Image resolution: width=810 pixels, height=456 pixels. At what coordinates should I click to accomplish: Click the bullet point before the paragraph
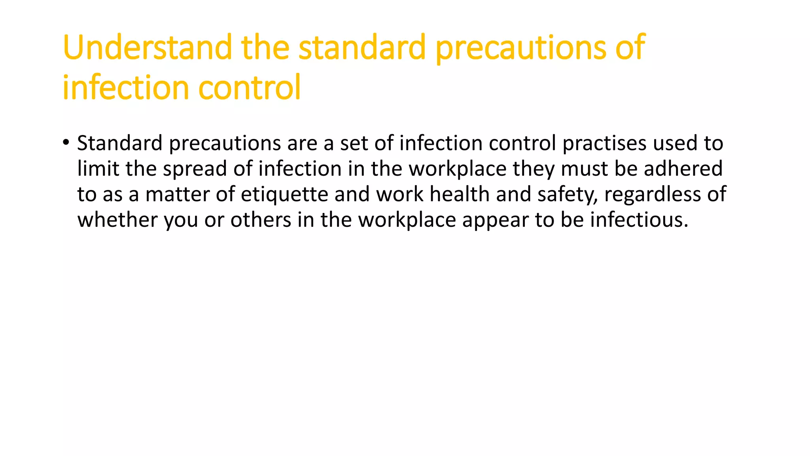(66, 142)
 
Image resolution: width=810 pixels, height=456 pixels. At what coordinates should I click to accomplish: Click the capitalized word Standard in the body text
(119, 143)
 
